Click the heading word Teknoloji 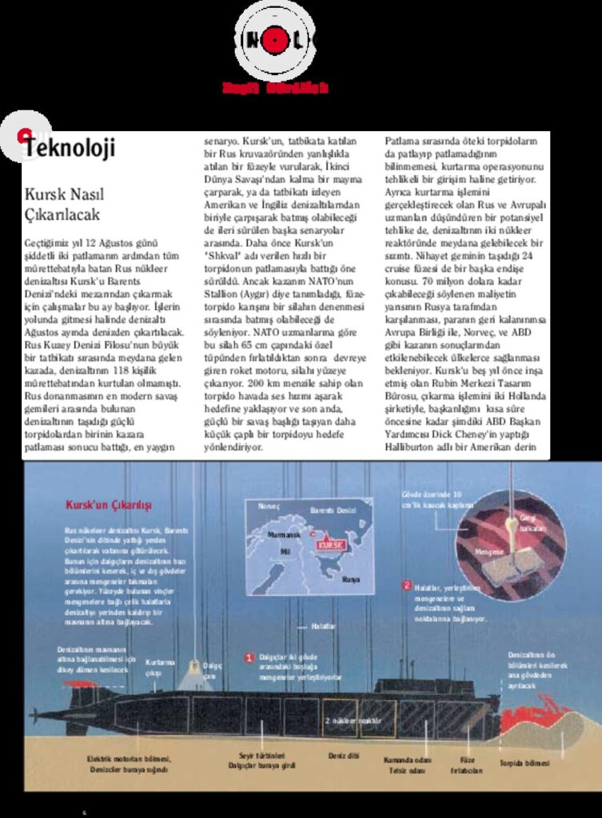[70, 148]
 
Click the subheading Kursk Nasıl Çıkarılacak [65, 204]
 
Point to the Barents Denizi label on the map [333, 510]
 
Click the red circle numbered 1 [249, 657]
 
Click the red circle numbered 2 [407, 586]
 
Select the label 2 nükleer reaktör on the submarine [352, 720]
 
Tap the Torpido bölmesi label [524, 763]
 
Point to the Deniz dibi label [342, 755]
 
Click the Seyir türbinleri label [261, 756]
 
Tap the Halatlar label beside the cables [324, 625]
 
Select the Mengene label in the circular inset [488, 551]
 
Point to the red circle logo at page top [276, 37]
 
